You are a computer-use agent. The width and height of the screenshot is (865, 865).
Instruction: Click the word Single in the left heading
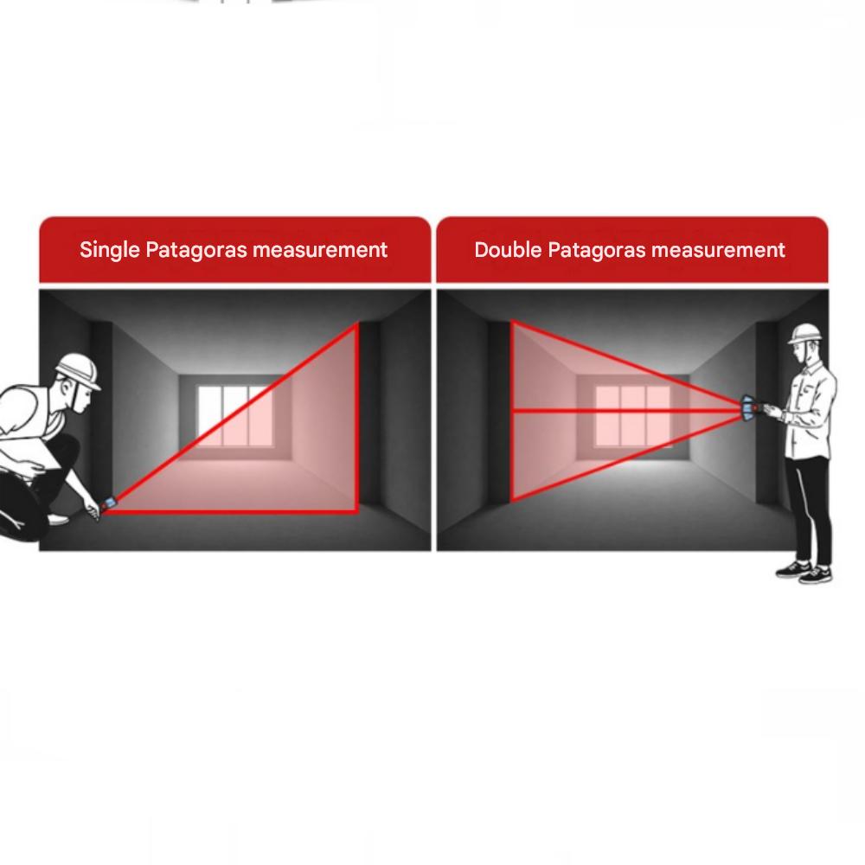[109, 251]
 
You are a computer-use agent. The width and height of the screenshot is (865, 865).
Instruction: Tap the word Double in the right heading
[508, 250]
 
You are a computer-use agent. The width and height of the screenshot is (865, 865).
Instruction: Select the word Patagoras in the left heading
[195, 251]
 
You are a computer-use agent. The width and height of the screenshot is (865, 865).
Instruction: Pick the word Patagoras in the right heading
[597, 251]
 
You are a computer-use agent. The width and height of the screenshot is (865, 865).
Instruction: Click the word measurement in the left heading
[320, 251]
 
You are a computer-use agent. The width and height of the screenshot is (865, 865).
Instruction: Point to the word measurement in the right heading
[718, 251]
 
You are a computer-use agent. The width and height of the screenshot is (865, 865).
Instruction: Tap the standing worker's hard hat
[805, 334]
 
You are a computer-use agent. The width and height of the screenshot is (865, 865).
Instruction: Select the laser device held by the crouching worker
[107, 503]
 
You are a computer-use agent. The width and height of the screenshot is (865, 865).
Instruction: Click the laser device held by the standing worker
[750, 409]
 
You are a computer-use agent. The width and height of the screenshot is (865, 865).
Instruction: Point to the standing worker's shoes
[805, 572]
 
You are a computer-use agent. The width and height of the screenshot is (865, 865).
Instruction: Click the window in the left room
[234, 415]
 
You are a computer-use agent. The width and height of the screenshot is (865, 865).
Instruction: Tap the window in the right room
[633, 415]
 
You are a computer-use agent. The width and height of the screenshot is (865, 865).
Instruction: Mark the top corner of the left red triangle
[356, 325]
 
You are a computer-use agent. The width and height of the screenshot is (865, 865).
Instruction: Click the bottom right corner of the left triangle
[356, 511]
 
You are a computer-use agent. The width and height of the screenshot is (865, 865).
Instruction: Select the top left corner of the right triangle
[512, 322]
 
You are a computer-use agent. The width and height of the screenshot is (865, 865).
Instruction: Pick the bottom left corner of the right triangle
[512, 500]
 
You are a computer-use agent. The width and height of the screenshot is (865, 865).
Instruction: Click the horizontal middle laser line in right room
[627, 410]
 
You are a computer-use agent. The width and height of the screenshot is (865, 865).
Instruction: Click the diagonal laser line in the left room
[232, 418]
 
